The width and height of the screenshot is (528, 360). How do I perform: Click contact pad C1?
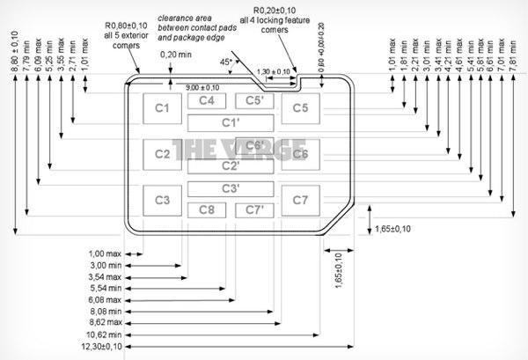coord(162,108)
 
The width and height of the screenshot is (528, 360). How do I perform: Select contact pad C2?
coord(162,154)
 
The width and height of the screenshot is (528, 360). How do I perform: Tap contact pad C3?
coord(162,200)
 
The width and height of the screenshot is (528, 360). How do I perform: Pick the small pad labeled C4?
coord(206,100)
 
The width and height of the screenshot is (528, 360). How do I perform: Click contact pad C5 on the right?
coord(301,108)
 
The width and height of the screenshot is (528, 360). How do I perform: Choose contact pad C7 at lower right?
coord(301,200)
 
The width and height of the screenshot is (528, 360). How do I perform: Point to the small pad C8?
coord(206,209)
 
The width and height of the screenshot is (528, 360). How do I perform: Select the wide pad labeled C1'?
coord(231,122)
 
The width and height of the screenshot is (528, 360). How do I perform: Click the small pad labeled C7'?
coord(253,209)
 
